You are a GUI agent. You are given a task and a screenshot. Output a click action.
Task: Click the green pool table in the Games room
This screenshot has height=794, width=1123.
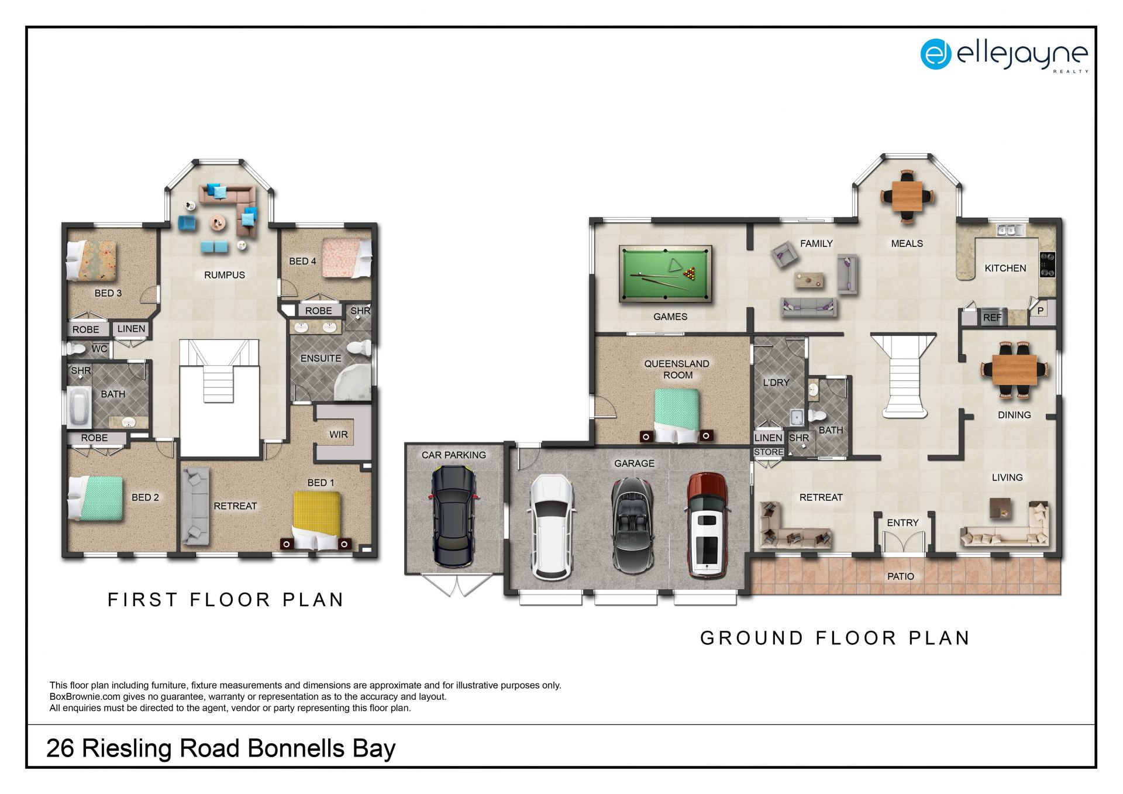point(666,274)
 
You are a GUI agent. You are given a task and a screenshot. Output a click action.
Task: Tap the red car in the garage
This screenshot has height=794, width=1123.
point(707,525)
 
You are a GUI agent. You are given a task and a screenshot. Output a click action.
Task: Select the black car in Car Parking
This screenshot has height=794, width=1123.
point(453,517)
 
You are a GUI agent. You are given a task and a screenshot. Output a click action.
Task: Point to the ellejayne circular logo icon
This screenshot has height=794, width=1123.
point(936,54)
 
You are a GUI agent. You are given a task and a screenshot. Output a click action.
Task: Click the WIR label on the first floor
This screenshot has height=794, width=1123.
point(338,434)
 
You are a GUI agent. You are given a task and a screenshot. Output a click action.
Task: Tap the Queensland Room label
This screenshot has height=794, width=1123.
point(677,369)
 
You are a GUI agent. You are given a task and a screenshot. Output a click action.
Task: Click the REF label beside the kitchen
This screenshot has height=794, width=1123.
point(992,318)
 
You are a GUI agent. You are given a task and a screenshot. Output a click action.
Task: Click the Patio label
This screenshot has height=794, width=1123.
point(900,576)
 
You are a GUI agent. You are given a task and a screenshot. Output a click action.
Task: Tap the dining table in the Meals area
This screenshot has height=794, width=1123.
point(907,196)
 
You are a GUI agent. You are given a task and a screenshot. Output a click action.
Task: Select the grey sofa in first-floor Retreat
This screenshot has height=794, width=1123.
point(195,506)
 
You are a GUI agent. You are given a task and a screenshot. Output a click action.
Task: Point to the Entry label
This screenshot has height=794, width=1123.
point(902,523)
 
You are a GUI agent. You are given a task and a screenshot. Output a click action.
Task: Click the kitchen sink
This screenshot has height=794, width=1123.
point(1011,229)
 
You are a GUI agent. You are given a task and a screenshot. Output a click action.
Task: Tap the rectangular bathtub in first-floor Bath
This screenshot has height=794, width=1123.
point(78,406)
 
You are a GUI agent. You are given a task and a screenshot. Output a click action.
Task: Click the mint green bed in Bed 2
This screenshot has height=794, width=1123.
point(96,499)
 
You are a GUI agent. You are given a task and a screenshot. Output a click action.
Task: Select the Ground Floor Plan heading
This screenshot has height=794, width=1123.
point(835,638)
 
